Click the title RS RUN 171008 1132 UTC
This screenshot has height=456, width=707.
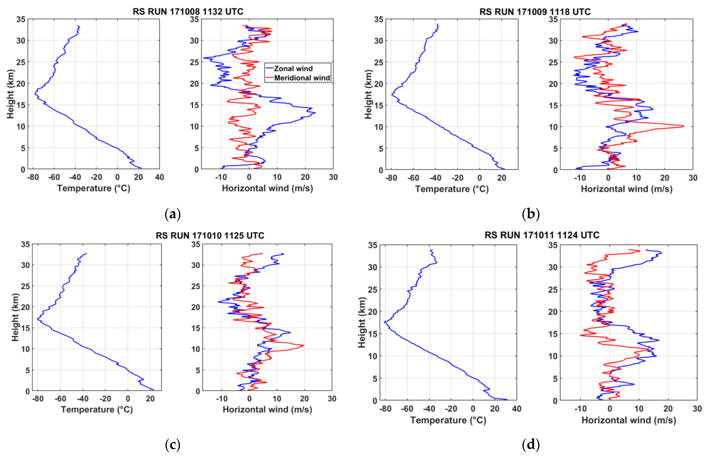point(188,12)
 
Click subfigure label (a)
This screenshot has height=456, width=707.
point(172,214)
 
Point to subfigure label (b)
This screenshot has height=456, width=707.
point(531,214)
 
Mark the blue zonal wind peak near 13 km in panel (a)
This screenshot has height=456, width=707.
point(315,113)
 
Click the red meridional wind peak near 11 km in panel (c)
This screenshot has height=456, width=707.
point(304,345)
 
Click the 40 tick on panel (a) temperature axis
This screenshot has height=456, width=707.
point(159,177)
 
